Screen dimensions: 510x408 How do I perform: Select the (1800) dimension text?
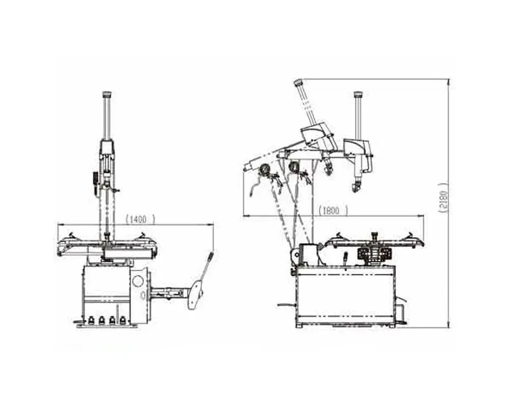coord(333,211)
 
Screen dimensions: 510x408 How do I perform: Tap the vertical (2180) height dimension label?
coord(444,197)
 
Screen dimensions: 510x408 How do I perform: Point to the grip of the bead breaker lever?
coord(211,256)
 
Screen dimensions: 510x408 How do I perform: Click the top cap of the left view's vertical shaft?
coord(107,94)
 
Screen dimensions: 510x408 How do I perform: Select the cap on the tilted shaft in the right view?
coord(298,83)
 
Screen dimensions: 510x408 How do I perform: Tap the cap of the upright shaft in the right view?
coord(358,94)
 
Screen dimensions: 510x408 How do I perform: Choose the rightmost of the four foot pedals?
coord(122,320)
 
